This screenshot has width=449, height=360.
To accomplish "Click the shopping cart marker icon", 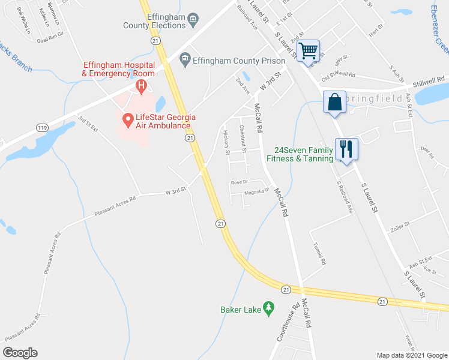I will [x=309, y=51].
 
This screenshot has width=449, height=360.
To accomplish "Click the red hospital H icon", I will [x=141, y=86].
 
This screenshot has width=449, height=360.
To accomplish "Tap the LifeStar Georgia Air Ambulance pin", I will [x=127, y=120].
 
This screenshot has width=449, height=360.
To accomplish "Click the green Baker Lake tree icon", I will [x=269, y=309].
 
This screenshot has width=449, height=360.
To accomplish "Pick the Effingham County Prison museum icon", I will [x=185, y=61].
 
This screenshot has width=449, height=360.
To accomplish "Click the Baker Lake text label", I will [x=240, y=310].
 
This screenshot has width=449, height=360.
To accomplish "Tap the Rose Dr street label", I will [x=239, y=182].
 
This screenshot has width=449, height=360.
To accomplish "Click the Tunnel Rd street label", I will [x=319, y=254].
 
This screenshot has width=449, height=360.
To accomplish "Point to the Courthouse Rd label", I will [x=288, y=323].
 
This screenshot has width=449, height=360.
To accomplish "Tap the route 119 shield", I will [x=41, y=128].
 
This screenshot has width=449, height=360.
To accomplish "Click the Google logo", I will [x=20, y=353].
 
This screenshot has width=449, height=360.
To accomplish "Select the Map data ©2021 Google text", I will [x=411, y=355].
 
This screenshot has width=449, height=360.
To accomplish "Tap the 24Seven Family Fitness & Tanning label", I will [x=304, y=154].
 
